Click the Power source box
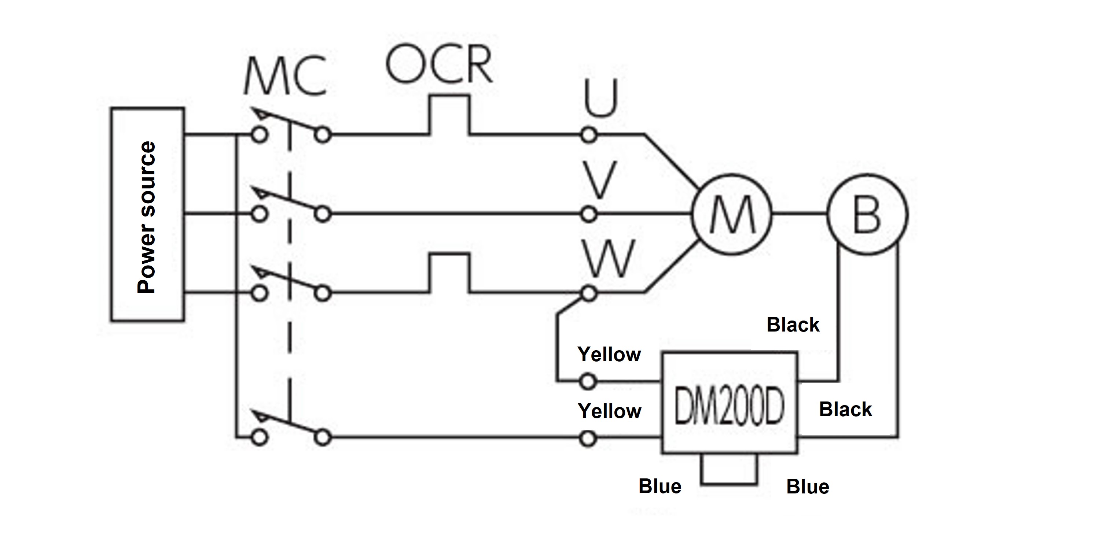click(x=147, y=214)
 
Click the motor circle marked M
click(x=732, y=214)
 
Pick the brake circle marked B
click(x=867, y=214)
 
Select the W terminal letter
click(x=609, y=258)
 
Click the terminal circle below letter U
click(x=589, y=135)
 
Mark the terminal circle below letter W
click(x=589, y=293)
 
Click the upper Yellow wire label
click(x=609, y=355)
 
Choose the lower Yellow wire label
click(x=609, y=411)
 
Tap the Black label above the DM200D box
click(x=793, y=325)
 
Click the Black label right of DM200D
click(x=845, y=410)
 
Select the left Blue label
click(x=659, y=486)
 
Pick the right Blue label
click(x=808, y=486)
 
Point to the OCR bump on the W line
click(x=449, y=273)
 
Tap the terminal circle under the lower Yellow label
click(x=588, y=438)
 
